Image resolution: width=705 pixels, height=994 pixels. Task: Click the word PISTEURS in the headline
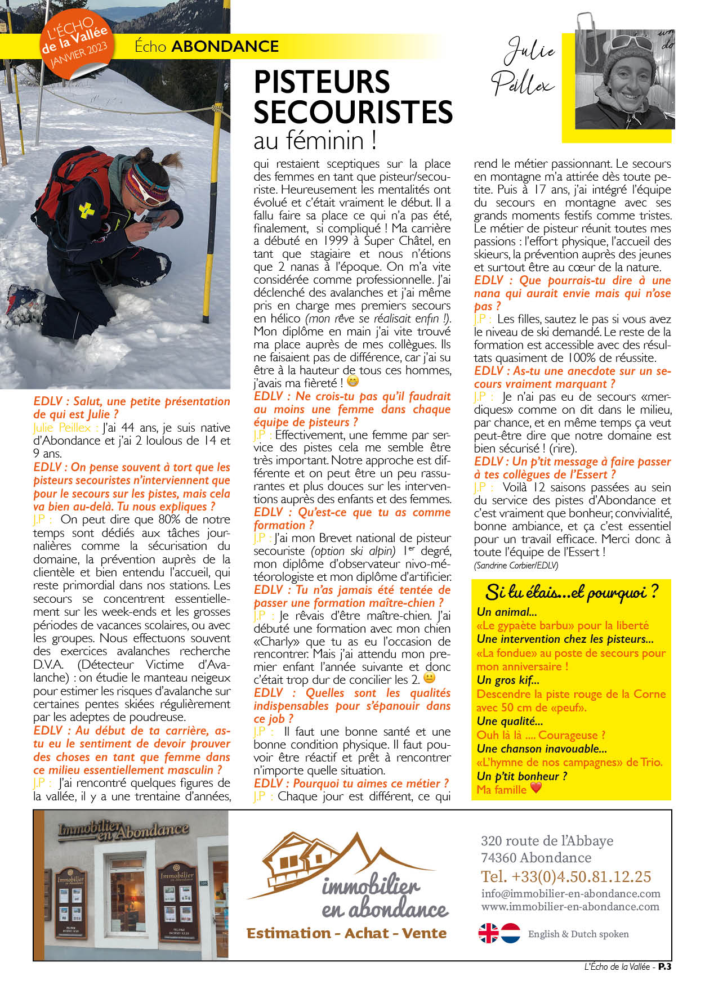coord(322,82)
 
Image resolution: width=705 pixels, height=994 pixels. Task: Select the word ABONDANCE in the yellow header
coord(225,46)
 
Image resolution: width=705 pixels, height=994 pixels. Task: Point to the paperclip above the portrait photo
coord(586,31)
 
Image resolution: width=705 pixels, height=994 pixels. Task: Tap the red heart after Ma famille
coord(536,788)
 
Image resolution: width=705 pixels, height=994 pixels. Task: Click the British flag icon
coord(488,933)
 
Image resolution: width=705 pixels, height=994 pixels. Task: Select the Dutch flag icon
coord(511,933)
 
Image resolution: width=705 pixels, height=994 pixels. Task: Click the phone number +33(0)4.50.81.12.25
coord(566,876)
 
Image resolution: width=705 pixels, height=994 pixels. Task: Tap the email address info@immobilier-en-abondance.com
coord(570,893)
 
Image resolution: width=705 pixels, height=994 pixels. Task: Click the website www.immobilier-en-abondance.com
coord(570,906)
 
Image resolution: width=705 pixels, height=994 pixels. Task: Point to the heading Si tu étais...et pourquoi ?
coord(571,592)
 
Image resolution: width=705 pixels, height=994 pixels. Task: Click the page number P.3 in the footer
coord(664,966)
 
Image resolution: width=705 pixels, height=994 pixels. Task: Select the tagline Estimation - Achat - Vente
coord(346,933)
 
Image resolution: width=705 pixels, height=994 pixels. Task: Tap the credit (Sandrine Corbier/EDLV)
coord(516,565)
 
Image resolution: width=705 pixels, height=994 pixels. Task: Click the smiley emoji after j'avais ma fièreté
coord(353,382)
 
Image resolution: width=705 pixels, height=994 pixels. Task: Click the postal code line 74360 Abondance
coord(536,858)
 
